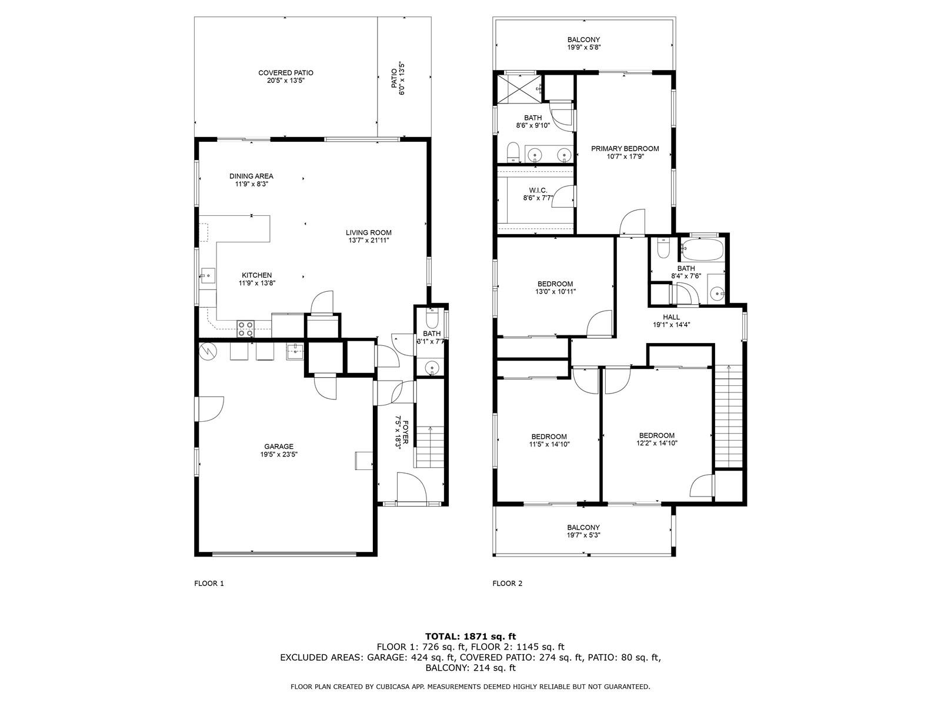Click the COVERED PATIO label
click(x=285, y=73)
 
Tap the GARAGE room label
click(x=279, y=446)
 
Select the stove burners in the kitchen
click(x=246, y=329)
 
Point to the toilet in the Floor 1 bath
click(x=431, y=318)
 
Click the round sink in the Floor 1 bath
click(x=432, y=368)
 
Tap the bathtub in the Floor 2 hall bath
click(x=702, y=249)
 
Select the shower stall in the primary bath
click(x=519, y=89)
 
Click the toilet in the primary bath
click(x=513, y=152)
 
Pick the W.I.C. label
click(x=538, y=190)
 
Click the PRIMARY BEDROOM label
click(x=625, y=149)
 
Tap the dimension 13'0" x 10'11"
click(x=555, y=291)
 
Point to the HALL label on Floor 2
click(x=672, y=317)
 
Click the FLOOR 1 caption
click(x=209, y=584)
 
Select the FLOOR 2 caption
click(x=508, y=584)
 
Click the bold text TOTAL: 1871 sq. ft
click(x=470, y=637)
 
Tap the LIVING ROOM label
click(x=369, y=233)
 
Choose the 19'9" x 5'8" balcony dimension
click(x=584, y=47)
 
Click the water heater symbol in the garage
click(x=208, y=351)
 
